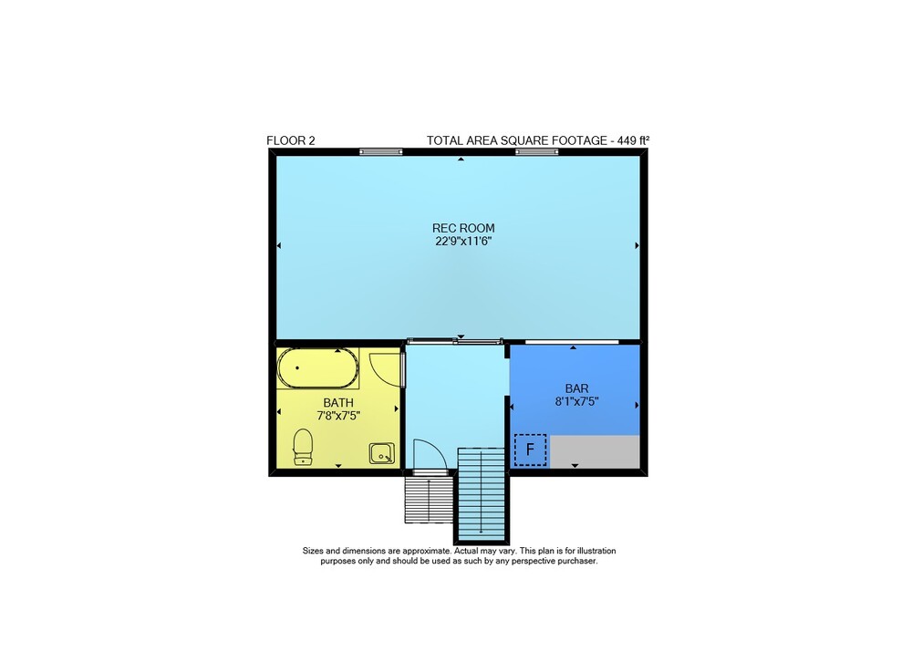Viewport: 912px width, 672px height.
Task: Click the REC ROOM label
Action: point(463,228)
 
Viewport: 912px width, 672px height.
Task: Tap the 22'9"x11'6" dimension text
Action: point(463,242)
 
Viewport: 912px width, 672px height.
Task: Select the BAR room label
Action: point(576,388)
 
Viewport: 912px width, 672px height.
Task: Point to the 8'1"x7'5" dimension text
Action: point(576,401)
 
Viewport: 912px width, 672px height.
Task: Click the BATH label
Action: point(338,402)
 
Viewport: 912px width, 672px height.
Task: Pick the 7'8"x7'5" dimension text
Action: point(338,416)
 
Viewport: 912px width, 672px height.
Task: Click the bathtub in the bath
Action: point(317,368)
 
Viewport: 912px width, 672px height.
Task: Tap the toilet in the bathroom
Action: point(303,447)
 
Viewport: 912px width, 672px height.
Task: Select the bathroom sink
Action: point(381,453)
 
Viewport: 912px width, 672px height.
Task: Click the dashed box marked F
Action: point(530,450)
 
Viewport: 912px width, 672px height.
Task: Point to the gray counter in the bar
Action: point(595,451)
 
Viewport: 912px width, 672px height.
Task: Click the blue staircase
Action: point(481,494)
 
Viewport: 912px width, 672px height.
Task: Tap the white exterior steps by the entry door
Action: point(429,500)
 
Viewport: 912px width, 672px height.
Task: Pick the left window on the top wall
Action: point(380,152)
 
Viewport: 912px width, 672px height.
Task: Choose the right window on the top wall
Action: point(537,152)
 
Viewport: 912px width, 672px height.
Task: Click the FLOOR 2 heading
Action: point(291,140)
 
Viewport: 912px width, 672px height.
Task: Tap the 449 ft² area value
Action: point(634,140)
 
